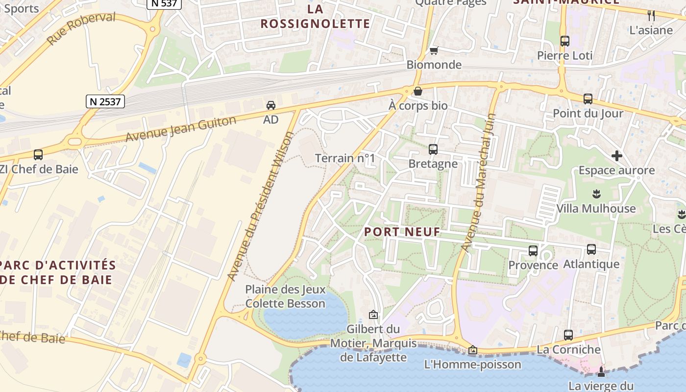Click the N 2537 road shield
105,101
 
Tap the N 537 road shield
165,3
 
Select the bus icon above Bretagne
433,149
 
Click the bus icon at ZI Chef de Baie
38,155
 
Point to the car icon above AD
270,105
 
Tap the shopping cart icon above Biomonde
434,50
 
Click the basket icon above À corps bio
418,91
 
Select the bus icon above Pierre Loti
564,41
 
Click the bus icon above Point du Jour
588,99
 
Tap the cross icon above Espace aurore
616,156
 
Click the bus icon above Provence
533,251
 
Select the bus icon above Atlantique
591,249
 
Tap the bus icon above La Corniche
568,335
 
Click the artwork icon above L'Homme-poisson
472,350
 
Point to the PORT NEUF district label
402,232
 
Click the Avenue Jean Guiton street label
181,129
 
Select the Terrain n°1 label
344,158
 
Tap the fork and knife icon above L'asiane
651,15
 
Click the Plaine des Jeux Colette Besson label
285,296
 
